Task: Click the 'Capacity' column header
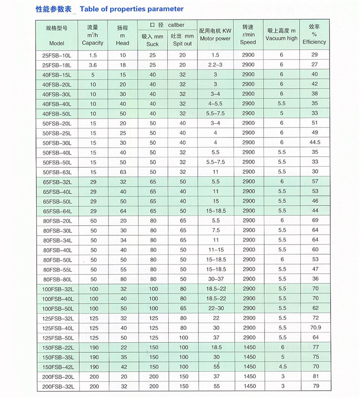[92, 43]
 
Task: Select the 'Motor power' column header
[215, 38]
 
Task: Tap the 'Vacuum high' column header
[281, 38]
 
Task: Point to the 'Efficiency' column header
[314, 42]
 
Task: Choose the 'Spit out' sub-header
[182, 43]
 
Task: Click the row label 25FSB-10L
[57, 55]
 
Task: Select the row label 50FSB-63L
[57, 172]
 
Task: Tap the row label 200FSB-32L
[57, 386]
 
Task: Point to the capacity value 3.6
[92, 65]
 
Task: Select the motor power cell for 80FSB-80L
[216, 279]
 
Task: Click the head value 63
[123, 172]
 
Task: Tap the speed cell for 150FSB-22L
[248, 347]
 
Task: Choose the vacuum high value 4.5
[282, 367]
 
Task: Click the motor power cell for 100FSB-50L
[216, 308]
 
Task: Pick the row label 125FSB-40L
[57, 328]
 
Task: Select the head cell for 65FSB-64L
[123, 211]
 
